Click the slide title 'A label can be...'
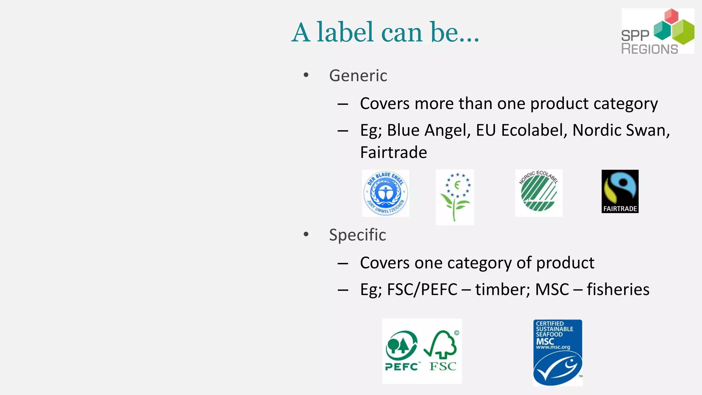point(385,32)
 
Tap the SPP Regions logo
point(657,31)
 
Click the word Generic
point(358,75)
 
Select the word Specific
point(357,235)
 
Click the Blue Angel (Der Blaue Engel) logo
point(385,193)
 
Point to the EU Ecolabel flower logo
point(455,197)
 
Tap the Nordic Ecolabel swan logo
point(538,193)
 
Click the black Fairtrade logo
point(620,191)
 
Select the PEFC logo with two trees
point(402,351)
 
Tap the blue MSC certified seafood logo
point(557,352)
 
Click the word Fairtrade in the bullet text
point(393,152)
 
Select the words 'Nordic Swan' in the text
point(620,130)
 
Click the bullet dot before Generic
point(306,75)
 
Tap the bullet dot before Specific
point(306,234)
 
